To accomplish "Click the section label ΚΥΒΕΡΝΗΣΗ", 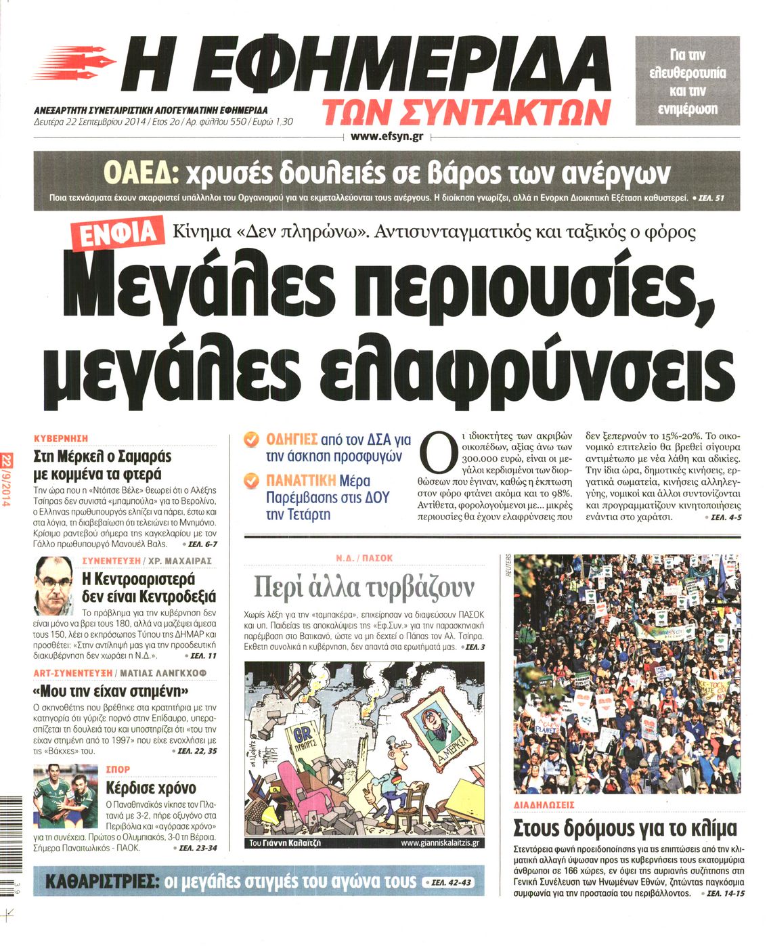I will (x=61, y=439).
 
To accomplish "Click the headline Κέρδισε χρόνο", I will (x=151, y=788).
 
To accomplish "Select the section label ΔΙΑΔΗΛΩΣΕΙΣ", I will (x=544, y=805).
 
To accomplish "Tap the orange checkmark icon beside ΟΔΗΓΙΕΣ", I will (x=251, y=439).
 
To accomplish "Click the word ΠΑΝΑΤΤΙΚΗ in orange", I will (x=301, y=481).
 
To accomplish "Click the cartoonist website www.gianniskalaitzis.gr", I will (x=439, y=843).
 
